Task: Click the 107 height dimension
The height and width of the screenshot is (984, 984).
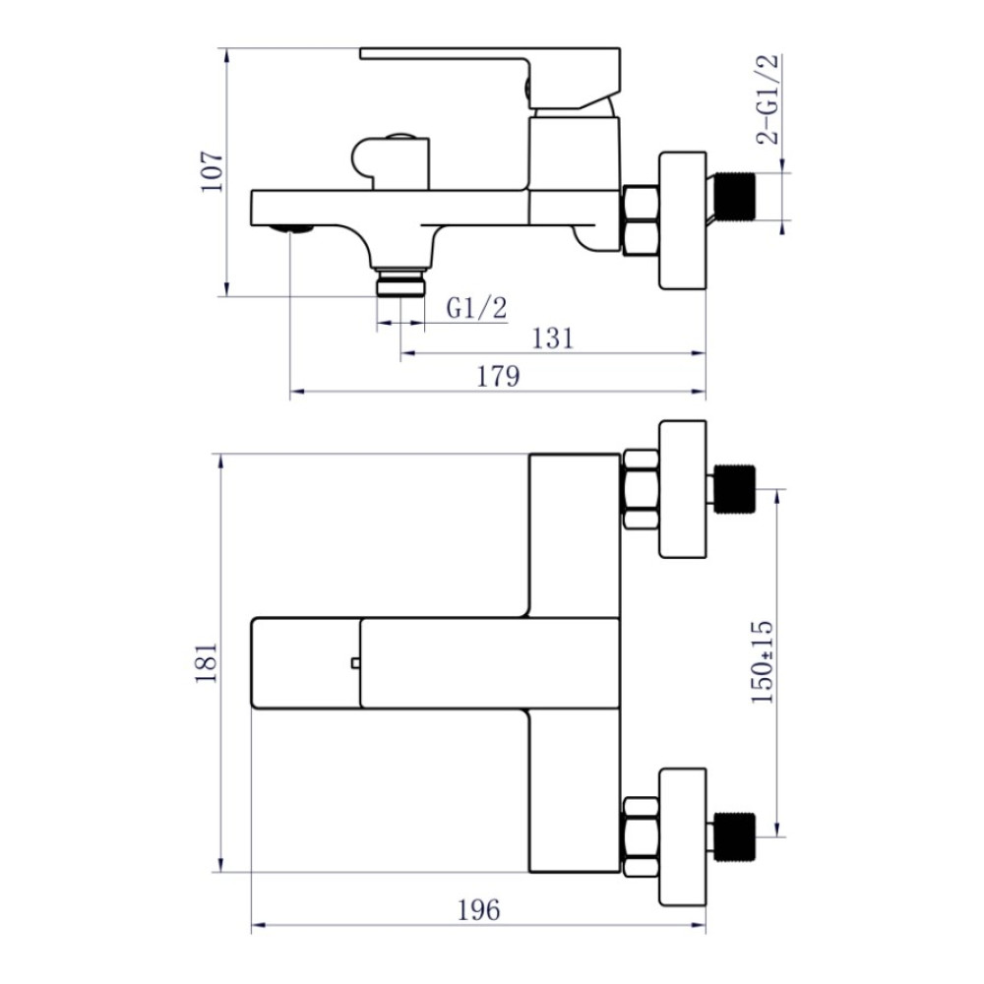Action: tap(213, 171)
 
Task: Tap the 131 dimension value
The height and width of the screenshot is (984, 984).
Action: tap(552, 338)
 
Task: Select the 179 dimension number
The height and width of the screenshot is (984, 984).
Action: tap(498, 377)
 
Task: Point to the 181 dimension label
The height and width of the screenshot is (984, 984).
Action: tap(206, 662)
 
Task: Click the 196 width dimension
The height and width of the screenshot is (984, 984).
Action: tap(479, 910)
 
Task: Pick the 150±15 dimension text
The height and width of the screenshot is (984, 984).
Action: tap(763, 662)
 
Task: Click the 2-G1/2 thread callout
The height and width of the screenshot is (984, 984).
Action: tap(768, 99)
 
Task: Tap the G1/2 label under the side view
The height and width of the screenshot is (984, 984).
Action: tap(476, 308)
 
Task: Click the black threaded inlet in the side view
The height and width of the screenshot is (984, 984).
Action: tap(735, 196)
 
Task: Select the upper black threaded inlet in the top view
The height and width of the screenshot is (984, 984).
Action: tap(735, 489)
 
